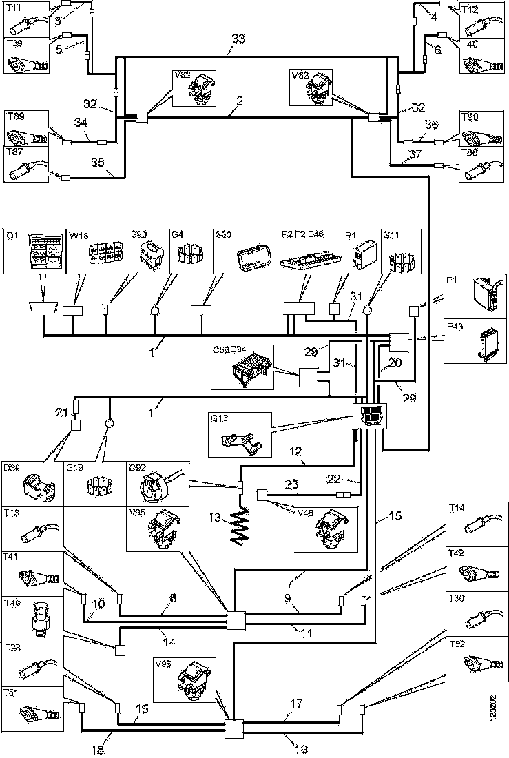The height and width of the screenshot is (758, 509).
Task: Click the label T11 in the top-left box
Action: click(13, 8)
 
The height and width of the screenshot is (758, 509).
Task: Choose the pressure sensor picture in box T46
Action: click(41, 622)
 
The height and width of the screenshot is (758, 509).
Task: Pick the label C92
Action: click(137, 467)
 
